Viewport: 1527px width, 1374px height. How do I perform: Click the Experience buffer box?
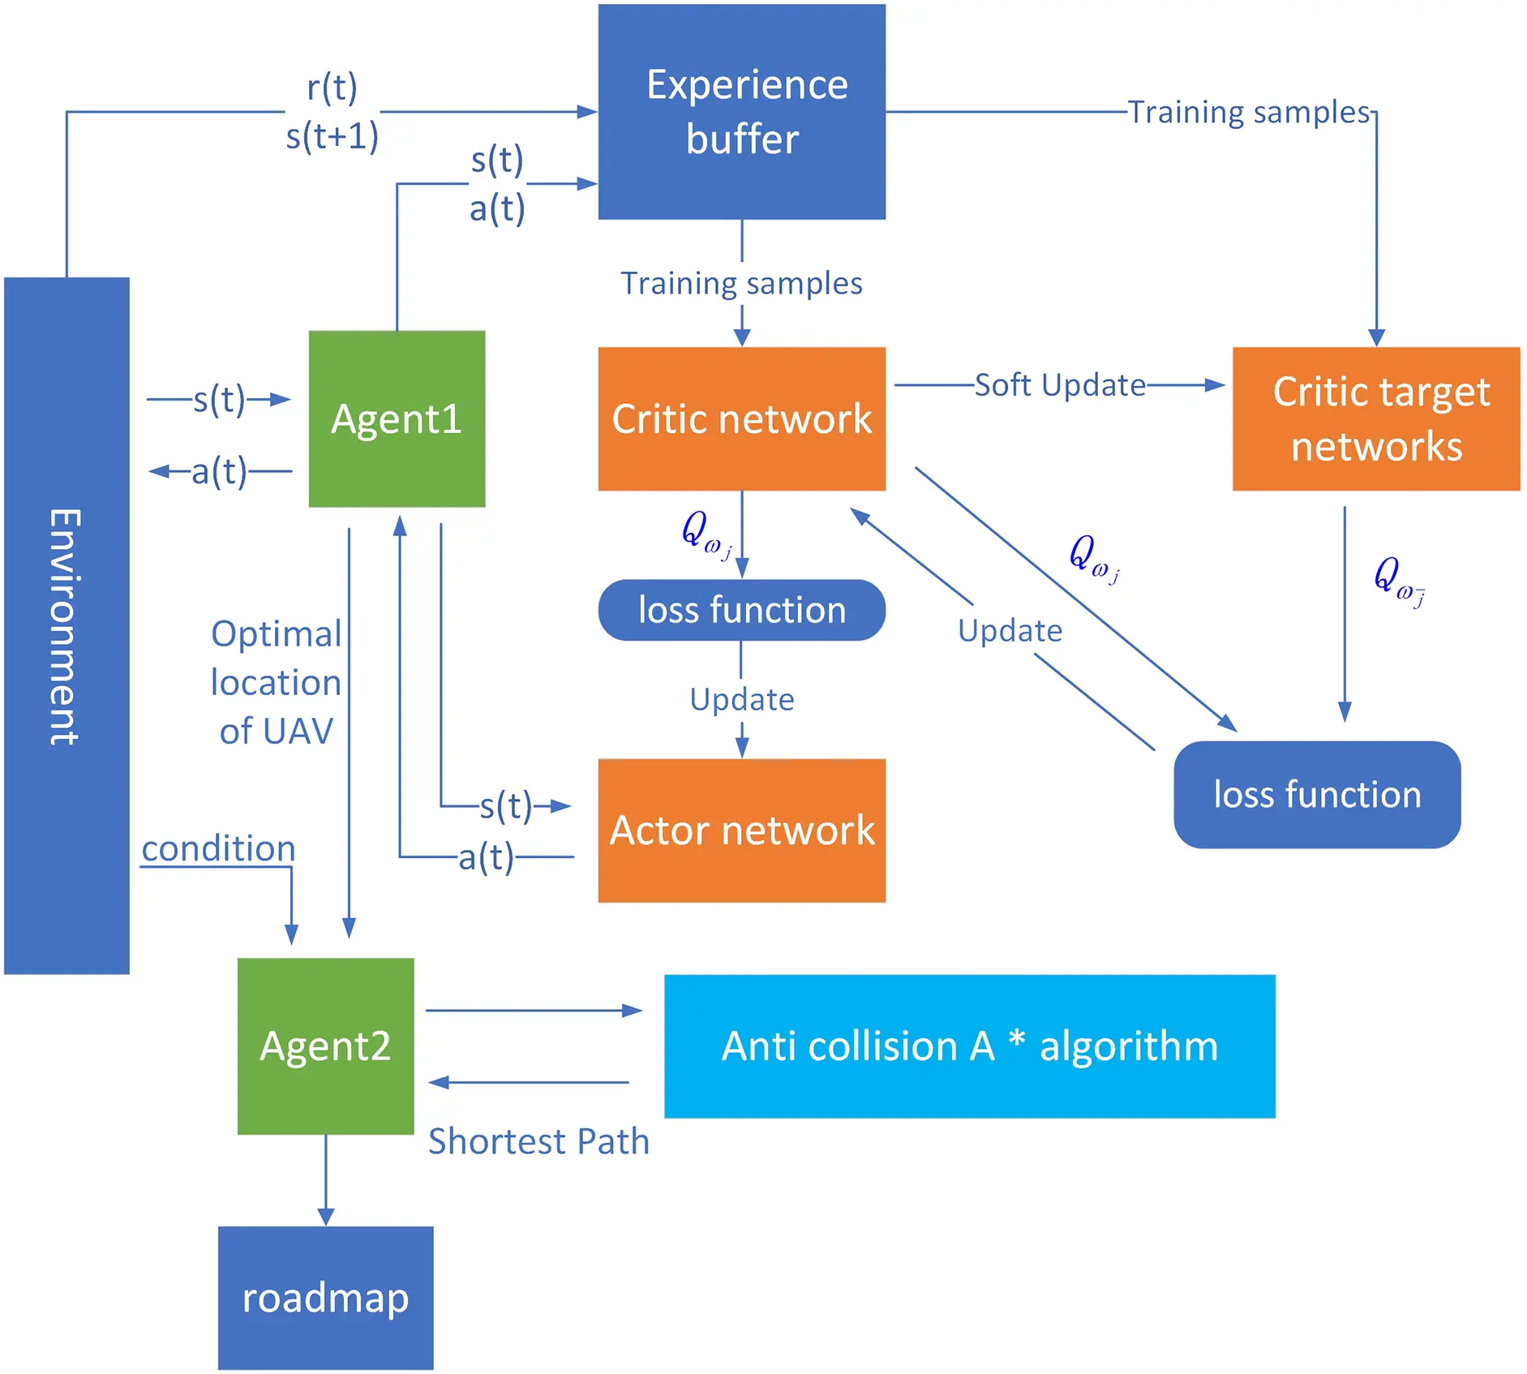click(x=741, y=112)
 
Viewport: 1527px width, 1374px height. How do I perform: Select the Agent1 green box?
click(x=397, y=419)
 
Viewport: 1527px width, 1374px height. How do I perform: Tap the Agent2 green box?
click(x=325, y=1046)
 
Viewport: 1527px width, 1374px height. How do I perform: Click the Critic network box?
click(x=741, y=419)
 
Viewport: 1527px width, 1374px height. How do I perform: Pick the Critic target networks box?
click(x=1375, y=419)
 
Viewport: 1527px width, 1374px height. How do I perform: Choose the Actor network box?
click(x=741, y=830)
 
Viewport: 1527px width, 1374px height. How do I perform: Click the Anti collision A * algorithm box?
click(x=969, y=1046)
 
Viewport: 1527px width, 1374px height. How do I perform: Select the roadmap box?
click(x=325, y=1297)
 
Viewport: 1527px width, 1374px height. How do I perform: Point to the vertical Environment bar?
click(x=66, y=625)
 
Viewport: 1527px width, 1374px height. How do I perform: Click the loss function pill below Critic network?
click(x=741, y=610)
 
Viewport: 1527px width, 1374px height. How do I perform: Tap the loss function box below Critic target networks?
click(x=1316, y=794)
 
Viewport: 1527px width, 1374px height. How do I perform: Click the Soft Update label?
click(x=1059, y=385)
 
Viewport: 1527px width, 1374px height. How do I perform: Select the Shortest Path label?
click(x=538, y=1141)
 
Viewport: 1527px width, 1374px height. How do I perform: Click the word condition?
click(x=218, y=848)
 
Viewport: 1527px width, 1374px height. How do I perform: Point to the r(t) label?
click(x=332, y=88)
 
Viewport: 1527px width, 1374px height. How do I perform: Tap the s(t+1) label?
click(x=332, y=136)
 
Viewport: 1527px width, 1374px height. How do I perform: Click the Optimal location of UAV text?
click(x=276, y=682)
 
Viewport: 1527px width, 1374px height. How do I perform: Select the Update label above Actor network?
click(x=741, y=699)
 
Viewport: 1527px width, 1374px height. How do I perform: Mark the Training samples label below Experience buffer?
click(x=741, y=284)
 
